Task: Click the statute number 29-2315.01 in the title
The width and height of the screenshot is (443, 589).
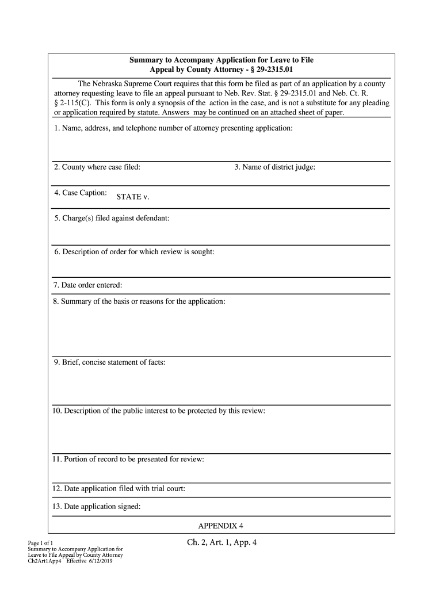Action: [273, 70]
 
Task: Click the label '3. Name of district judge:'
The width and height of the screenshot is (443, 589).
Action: [274, 167]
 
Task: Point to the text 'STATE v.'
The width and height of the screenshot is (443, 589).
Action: [133, 197]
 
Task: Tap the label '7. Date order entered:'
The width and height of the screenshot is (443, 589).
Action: [88, 285]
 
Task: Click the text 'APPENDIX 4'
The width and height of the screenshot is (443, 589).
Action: [221, 526]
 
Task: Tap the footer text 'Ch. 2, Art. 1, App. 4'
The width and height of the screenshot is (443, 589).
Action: [221, 542]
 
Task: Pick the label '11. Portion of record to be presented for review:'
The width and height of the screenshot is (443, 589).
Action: [128, 459]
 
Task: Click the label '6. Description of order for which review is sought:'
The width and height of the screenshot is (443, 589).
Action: [134, 252]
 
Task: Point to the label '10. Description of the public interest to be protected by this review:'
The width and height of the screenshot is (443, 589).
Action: [159, 411]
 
